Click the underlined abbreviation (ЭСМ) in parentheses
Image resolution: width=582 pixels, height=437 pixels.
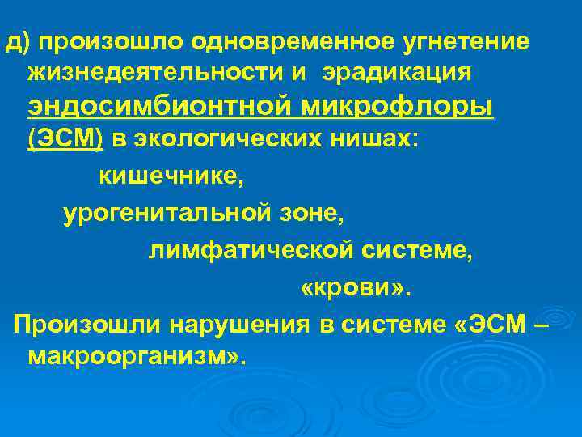coord(65,139)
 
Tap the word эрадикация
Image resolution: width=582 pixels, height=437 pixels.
coord(397,74)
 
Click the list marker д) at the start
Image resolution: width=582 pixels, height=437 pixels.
coord(17,40)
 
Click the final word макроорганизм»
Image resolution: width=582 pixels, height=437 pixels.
coord(135,357)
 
